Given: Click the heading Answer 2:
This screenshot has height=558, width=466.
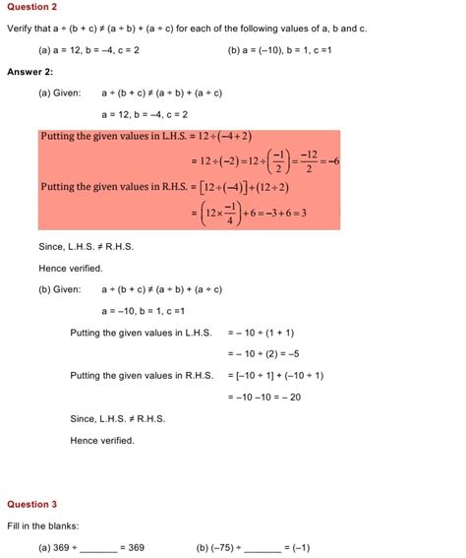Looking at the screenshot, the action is (x=29, y=72).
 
